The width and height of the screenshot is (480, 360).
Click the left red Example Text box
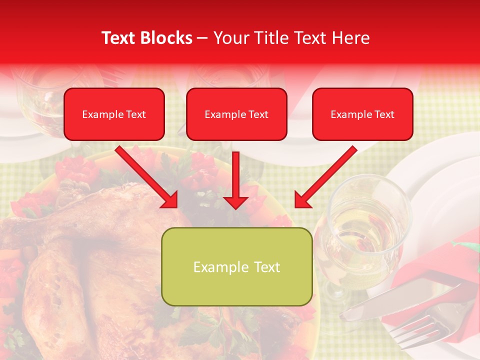click(x=114, y=114)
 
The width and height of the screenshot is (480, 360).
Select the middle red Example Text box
click(x=236, y=114)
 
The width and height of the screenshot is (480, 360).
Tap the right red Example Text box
click(x=362, y=114)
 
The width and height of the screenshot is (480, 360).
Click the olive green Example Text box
click(x=236, y=266)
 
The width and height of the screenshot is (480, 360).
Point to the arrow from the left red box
click(x=147, y=177)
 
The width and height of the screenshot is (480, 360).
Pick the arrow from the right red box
click(x=325, y=177)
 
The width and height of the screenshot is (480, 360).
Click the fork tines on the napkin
click(x=415, y=330)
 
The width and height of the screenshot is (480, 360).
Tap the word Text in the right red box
click(x=384, y=114)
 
